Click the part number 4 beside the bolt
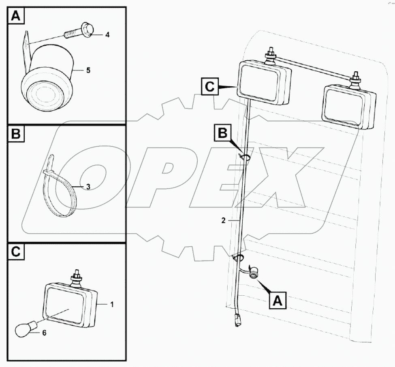(107, 35)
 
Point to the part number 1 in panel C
(113, 303)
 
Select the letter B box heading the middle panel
(15, 134)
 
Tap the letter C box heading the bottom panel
(15, 252)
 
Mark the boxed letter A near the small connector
(277, 300)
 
